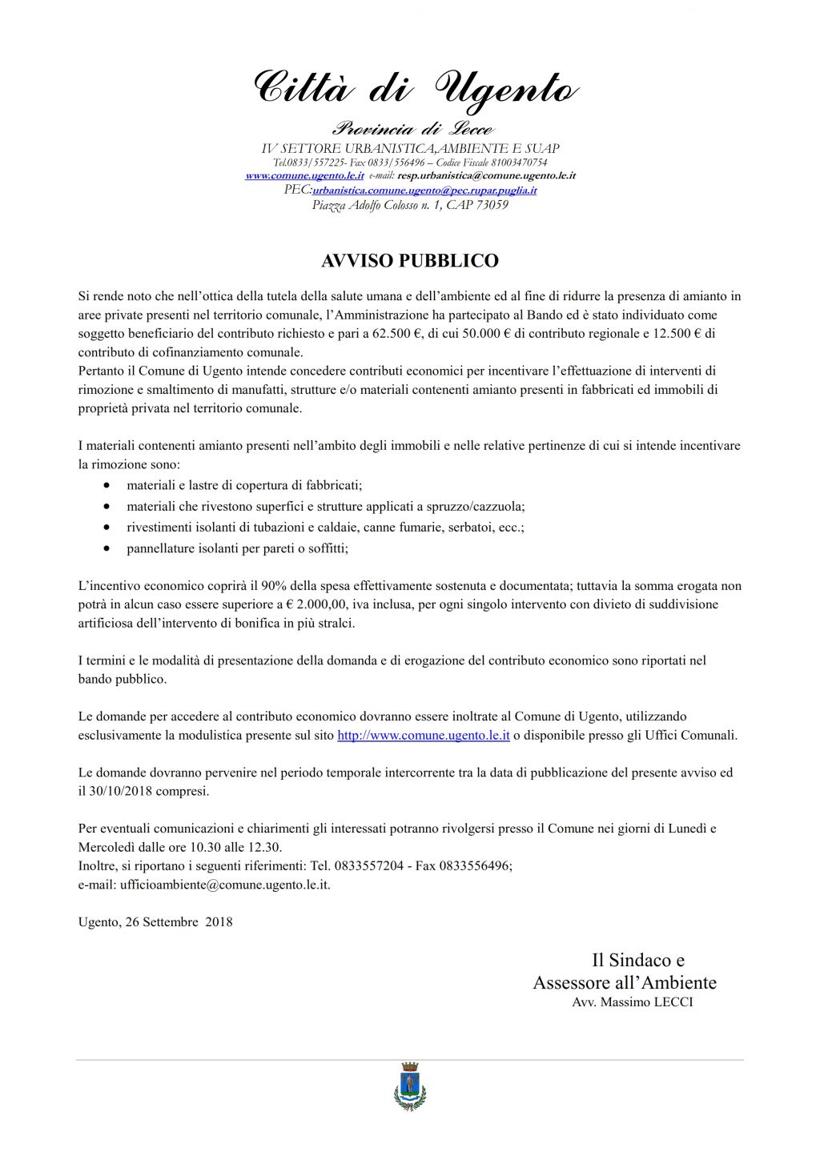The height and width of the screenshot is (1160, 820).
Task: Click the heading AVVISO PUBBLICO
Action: pyautogui.click(x=409, y=261)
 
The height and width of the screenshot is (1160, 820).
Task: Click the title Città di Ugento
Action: pyautogui.click(x=415, y=88)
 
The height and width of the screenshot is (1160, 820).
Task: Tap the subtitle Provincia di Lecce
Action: pyautogui.click(x=412, y=129)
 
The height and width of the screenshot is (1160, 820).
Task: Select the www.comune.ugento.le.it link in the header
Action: pyautogui.click(x=304, y=175)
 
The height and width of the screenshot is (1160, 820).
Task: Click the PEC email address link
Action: pyautogui.click(x=424, y=191)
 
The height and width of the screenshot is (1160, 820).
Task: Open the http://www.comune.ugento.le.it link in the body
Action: pyautogui.click(x=423, y=735)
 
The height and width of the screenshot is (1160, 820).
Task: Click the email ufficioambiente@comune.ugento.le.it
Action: pyautogui.click(x=225, y=885)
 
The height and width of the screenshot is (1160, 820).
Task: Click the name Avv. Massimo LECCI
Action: pyautogui.click(x=633, y=1002)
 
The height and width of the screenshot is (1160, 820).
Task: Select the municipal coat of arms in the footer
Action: pyautogui.click(x=410, y=1086)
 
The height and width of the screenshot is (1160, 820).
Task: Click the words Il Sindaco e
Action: pyautogui.click(x=637, y=960)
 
